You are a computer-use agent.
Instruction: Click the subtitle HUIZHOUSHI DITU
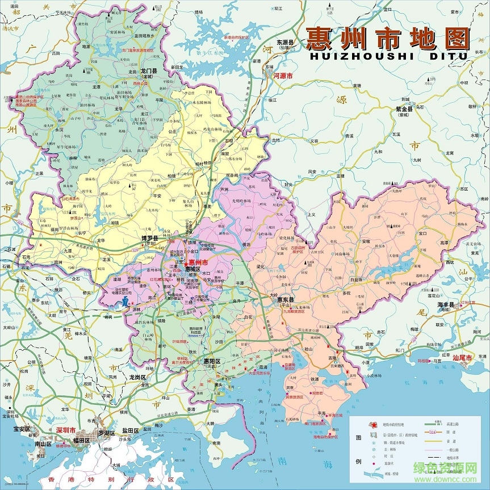[388, 56]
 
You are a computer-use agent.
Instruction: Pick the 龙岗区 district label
[137, 377]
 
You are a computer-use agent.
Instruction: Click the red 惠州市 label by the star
[199, 262]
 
